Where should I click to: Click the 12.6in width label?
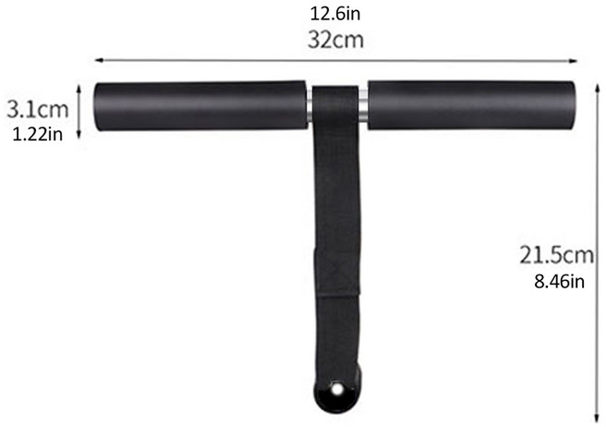click(x=335, y=14)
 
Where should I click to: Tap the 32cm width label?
click(x=335, y=40)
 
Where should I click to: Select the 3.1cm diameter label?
click(x=38, y=110)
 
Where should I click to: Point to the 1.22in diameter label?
click(x=38, y=134)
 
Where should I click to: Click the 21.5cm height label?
click(x=556, y=255)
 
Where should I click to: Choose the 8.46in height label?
click(x=559, y=281)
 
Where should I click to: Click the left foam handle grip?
click(x=200, y=105)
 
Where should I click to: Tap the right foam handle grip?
click(x=471, y=105)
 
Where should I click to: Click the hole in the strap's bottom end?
click(x=337, y=389)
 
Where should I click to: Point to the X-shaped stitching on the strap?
click(x=337, y=271)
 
